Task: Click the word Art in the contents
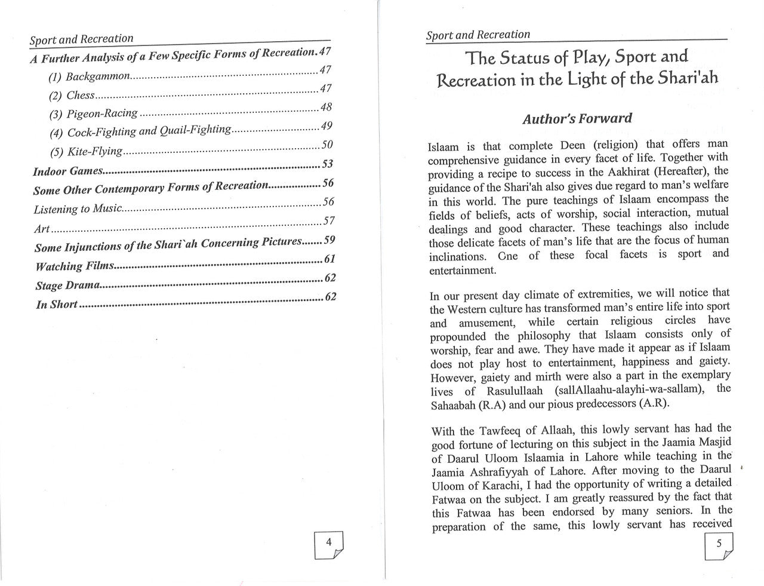(x=42, y=229)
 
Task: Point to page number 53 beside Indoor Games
(x=326, y=164)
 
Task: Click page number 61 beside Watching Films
(x=329, y=259)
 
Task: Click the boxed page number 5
(x=719, y=543)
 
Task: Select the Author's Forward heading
(x=577, y=118)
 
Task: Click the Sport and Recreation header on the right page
(x=478, y=35)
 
